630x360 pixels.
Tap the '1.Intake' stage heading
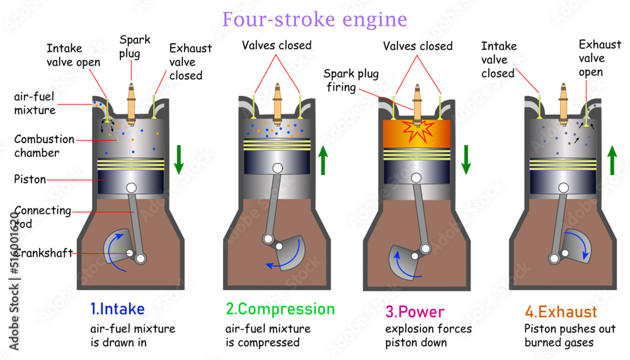117,310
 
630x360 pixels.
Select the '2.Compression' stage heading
280,310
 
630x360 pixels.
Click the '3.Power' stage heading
415,311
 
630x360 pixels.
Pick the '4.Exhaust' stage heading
561,311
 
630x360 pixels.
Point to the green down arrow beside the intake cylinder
179,160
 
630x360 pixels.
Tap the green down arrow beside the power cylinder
466,160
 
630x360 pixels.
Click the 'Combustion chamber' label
44,146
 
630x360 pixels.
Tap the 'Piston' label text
30,179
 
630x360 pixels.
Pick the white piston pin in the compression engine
277,168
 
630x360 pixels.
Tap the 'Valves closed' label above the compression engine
277,45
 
